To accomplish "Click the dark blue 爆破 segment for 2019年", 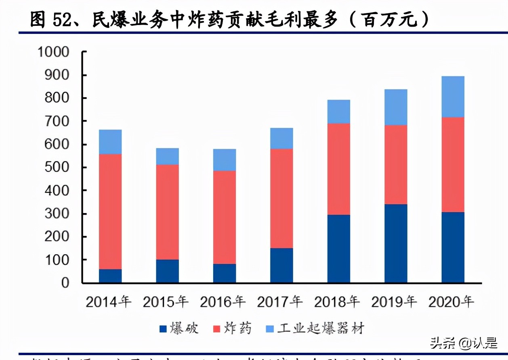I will [396, 243].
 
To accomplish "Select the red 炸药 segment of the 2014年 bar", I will [110, 211].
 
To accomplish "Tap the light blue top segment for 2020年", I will [453, 97].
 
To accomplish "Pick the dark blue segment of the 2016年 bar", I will [225, 273].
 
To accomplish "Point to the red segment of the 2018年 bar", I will [338, 169].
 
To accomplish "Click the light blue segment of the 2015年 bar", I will [167, 156].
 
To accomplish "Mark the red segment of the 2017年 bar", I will [281, 199].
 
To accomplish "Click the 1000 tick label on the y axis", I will [53, 52].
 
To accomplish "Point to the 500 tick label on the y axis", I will [59, 167].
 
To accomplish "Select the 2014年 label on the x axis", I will [109, 302].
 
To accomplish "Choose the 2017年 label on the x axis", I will [280, 302].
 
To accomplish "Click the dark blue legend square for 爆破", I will [163, 329].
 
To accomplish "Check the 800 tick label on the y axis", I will [59, 98].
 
